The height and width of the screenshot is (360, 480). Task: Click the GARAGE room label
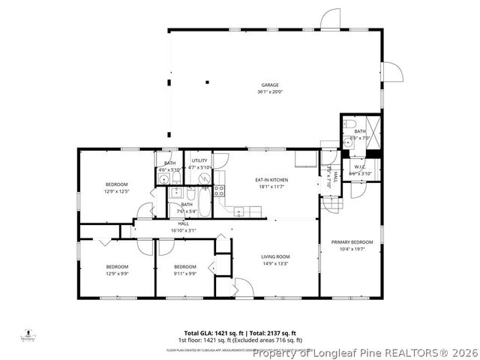pos(271,85)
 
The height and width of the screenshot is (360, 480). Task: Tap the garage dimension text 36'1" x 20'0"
pos(271,92)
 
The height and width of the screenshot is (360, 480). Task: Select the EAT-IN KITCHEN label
pos(271,180)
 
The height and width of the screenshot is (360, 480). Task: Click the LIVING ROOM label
pos(275,256)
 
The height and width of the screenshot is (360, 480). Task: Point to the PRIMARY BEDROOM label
pos(352,242)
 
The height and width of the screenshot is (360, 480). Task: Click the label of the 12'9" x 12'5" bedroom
pos(116,184)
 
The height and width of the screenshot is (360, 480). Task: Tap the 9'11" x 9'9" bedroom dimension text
pos(185,274)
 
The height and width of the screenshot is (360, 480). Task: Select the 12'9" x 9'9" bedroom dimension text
pos(116,274)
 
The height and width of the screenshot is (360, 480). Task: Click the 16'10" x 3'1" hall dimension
pos(183,231)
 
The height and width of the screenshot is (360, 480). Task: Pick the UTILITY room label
pos(199,160)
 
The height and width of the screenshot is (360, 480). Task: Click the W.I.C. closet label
pos(360,167)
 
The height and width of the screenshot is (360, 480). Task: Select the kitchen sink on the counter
pos(239,210)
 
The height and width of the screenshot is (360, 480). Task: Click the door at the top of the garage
pos(330,19)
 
